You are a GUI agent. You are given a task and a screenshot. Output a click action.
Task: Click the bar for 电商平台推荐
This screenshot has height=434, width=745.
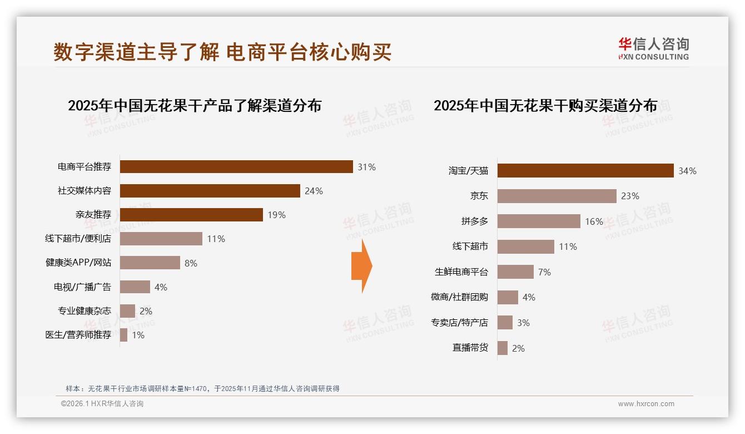click(236, 167)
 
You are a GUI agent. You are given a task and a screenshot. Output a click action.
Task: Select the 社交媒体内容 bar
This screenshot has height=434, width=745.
click(210, 191)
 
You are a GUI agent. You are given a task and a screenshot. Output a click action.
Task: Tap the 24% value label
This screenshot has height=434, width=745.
click(314, 191)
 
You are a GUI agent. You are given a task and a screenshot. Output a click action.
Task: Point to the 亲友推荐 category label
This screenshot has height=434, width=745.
click(93, 215)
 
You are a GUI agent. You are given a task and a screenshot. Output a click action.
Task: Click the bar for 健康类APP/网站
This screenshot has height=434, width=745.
click(150, 263)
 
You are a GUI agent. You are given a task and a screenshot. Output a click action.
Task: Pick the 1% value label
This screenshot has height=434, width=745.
click(138, 335)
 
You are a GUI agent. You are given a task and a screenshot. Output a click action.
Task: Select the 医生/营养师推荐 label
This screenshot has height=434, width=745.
click(78, 335)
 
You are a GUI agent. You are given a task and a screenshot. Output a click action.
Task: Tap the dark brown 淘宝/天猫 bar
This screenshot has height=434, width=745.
click(585, 171)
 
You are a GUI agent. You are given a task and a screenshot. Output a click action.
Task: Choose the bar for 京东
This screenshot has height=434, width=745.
click(557, 196)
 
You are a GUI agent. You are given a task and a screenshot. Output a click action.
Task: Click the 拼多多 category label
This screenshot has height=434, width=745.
click(475, 221)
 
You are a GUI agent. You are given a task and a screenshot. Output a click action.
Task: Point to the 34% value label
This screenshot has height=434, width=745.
click(687, 171)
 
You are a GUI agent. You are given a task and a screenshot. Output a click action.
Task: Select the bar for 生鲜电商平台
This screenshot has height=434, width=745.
click(515, 272)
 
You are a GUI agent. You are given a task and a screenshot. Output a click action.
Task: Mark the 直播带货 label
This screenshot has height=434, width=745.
click(470, 348)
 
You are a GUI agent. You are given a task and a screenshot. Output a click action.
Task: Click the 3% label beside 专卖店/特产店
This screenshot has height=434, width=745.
click(523, 323)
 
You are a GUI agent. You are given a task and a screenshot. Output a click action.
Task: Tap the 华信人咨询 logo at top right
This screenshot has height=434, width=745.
click(653, 48)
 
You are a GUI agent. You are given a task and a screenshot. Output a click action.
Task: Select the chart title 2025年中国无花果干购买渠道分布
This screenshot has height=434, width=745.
click(545, 106)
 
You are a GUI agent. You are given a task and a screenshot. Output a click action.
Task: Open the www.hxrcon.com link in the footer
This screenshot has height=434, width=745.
click(646, 404)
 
